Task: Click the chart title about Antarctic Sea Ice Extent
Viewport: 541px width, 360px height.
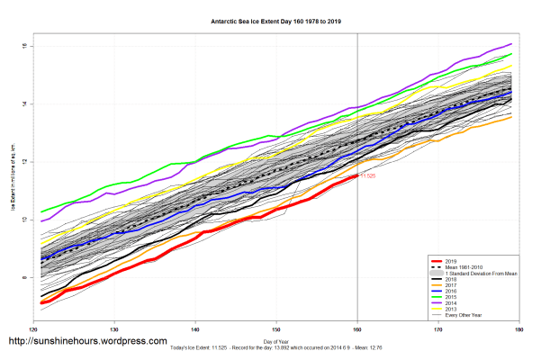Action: tap(271, 20)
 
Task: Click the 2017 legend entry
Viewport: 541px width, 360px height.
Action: tap(450, 284)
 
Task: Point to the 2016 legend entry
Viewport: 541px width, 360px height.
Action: tap(450, 291)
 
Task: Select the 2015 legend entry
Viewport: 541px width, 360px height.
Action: tap(450, 297)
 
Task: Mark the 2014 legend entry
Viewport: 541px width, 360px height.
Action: tap(450, 303)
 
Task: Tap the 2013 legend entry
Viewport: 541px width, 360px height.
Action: tap(450, 310)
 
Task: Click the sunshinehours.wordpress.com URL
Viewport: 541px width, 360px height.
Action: tap(87, 342)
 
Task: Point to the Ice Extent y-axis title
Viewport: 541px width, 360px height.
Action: tap(13, 180)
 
